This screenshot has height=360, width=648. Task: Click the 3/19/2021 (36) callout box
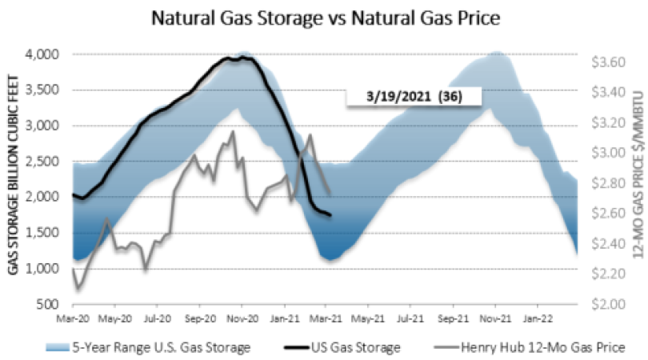click(413, 97)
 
